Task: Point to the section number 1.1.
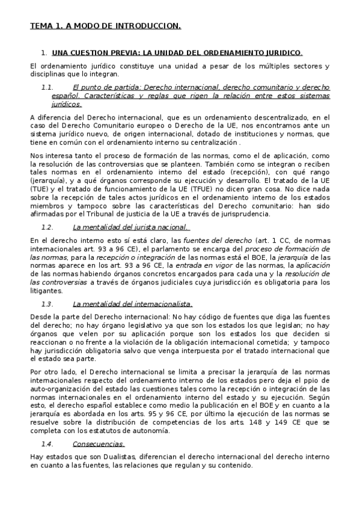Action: tap(47, 87)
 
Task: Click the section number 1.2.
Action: tap(47, 227)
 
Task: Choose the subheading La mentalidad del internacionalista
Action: tap(132, 304)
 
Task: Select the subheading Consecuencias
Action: tap(99, 444)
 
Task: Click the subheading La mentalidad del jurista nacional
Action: tap(130, 227)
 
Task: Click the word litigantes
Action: tap(46, 290)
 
